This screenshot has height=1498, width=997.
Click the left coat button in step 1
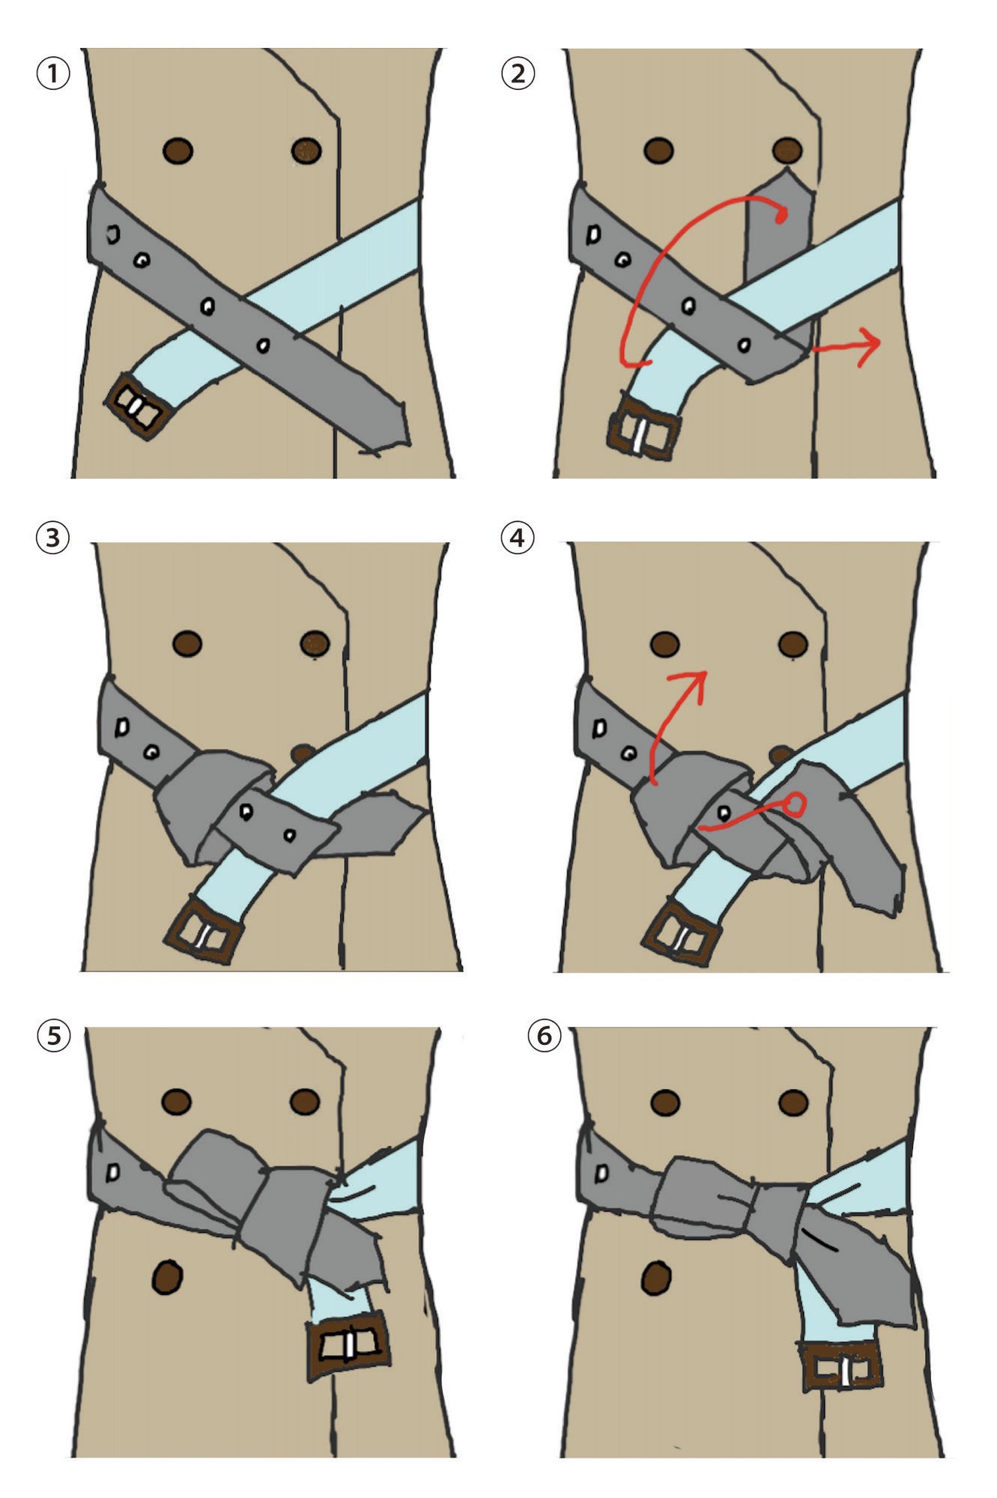click(x=178, y=151)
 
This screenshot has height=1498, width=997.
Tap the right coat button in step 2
click(x=787, y=151)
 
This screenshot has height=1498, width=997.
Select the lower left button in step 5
click(x=166, y=1276)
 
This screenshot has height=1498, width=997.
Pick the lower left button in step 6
click(x=656, y=1278)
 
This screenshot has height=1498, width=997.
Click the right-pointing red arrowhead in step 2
click(x=869, y=347)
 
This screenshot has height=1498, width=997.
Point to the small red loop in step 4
click(x=794, y=805)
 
